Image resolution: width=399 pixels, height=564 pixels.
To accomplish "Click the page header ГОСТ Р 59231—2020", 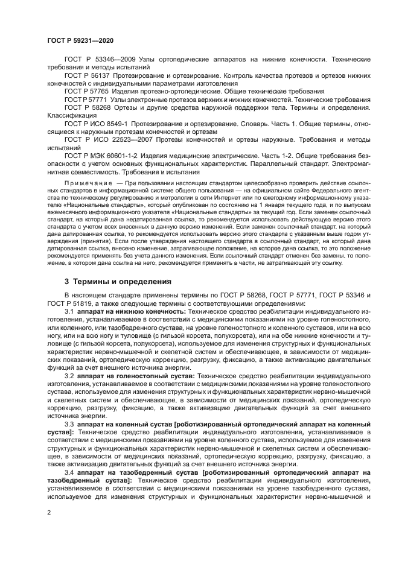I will pos(80,40).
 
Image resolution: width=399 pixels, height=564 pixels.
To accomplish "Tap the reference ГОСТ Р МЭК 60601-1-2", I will pos(100,154).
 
